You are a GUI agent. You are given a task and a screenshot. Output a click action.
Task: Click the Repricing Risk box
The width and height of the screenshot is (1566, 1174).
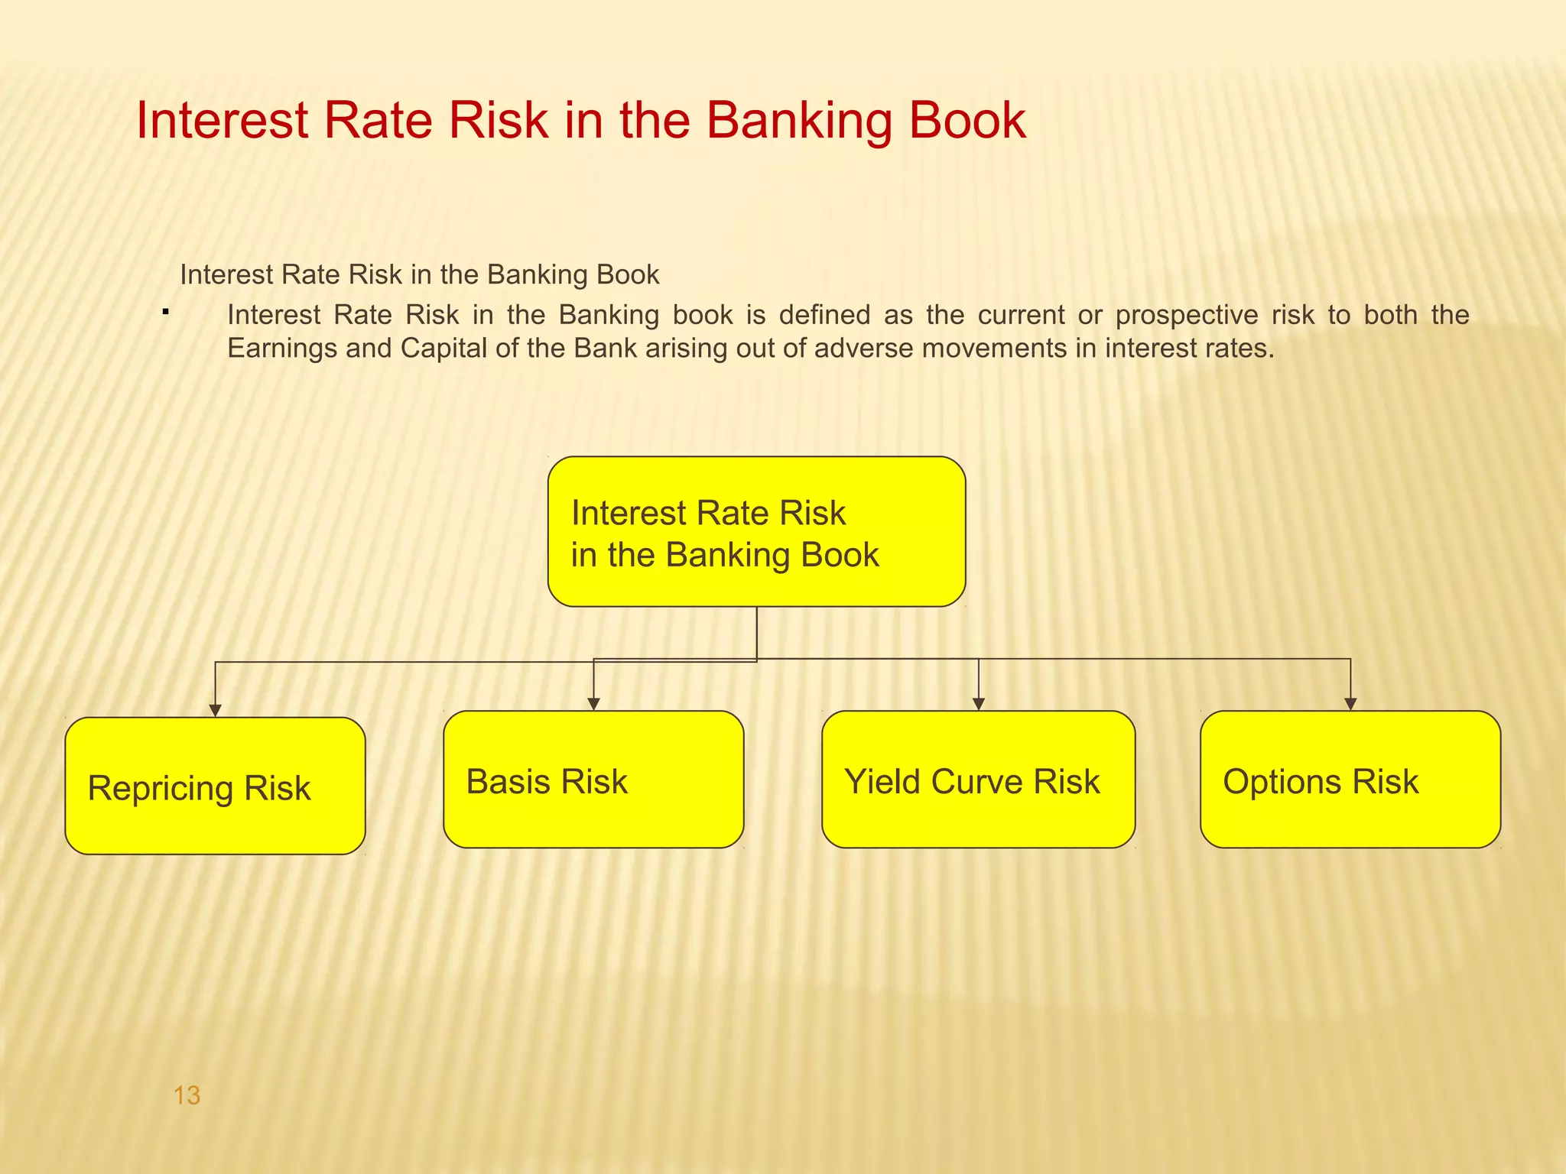coord(215,786)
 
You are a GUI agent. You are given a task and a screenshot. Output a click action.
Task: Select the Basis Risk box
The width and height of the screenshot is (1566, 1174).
coord(593,780)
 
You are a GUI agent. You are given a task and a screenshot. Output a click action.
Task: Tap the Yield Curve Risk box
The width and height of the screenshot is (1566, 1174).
coord(978,780)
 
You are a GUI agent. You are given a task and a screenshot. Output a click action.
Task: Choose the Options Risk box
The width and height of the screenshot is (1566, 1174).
coord(1350,780)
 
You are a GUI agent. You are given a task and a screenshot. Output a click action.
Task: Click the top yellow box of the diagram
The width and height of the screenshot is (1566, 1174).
coord(756,532)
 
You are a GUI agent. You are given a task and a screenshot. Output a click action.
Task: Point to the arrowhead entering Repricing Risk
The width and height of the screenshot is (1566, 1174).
coord(216,711)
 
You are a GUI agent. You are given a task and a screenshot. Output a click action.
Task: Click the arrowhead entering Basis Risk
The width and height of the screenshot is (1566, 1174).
coord(594,705)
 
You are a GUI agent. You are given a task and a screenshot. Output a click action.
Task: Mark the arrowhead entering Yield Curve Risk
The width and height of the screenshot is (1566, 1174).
coord(979,705)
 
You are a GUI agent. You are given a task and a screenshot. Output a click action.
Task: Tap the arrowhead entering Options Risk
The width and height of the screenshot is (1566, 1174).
coord(1350,705)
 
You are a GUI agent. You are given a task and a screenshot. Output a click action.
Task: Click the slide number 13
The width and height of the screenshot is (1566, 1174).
coord(187,1095)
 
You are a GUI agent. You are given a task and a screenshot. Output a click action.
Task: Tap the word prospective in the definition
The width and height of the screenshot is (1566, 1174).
coord(1187,315)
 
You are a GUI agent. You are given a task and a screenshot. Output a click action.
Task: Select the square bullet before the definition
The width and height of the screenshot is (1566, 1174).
coord(165,311)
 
